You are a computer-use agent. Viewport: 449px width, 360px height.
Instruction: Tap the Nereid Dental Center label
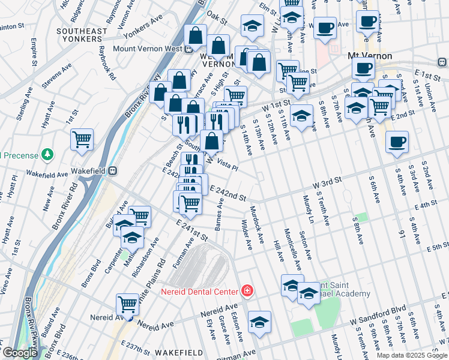pyautogui.click(x=200, y=292)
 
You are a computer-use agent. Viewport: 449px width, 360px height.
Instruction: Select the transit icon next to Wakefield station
pyautogui.click(x=112, y=170)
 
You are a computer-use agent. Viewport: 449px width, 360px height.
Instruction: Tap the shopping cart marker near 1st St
pyautogui.click(x=82, y=139)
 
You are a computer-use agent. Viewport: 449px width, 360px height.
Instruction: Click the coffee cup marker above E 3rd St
pyautogui.click(x=397, y=142)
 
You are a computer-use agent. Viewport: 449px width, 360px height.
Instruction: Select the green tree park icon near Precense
pyautogui.click(x=47, y=155)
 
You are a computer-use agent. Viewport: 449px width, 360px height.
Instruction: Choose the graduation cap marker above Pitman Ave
pyautogui.click(x=259, y=322)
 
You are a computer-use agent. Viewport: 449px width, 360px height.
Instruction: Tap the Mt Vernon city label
pyautogui.click(x=370, y=56)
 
